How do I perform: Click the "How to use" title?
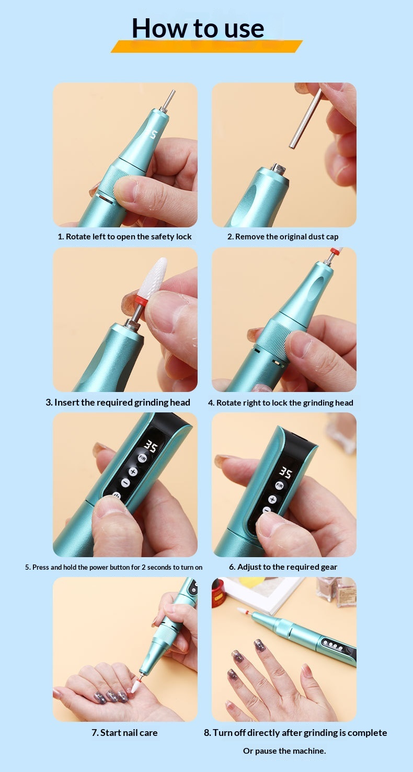(198, 28)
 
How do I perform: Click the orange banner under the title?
(206, 46)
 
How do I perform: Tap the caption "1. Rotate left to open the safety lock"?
(124, 237)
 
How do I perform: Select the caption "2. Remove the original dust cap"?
(283, 237)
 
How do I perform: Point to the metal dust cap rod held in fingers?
(306, 119)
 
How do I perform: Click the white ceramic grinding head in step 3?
(157, 275)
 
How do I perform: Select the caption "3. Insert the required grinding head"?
(118, 402)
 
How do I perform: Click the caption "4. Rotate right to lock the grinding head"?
(281, 403)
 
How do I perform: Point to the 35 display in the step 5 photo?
(151, 446)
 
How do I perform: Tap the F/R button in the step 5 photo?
(142, 458)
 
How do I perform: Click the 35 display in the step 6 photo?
(285, 473)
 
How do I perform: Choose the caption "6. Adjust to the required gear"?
(283, 567)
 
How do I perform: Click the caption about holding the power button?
(114, 567)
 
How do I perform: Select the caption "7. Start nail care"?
(124, 733)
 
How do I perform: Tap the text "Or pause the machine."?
(284, 751)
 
